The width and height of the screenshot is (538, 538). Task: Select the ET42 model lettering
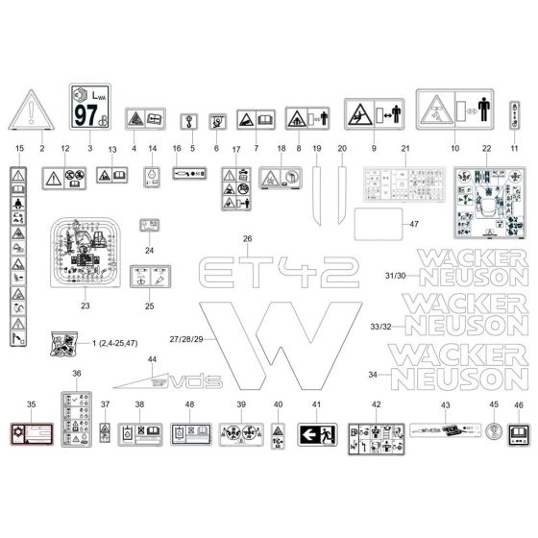click(263, 272)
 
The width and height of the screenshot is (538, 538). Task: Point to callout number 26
click(247, 237)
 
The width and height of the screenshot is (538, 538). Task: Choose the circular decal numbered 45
click(494, 434)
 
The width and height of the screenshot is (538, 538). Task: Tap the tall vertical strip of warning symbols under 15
click(17, 257)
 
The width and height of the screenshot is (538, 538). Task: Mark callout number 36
click(77, 374)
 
